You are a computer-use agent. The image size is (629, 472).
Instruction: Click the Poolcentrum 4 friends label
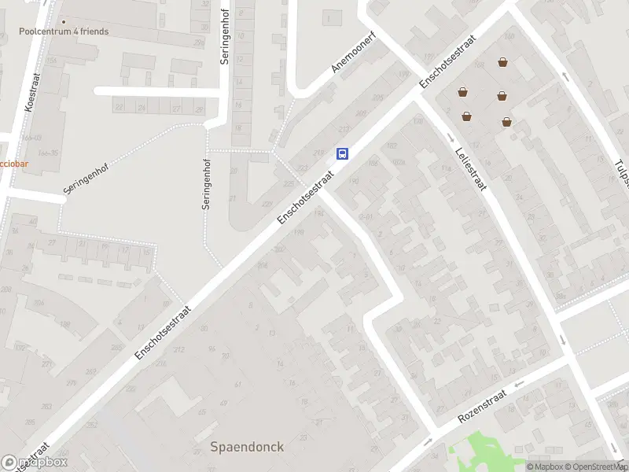coord(64,32)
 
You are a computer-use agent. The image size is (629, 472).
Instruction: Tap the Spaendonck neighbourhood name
coord(247,447)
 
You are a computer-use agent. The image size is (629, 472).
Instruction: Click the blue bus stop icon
coord(343,153)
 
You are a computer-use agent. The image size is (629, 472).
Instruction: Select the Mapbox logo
coord(35,463)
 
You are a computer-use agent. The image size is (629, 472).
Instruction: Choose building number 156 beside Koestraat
coord(51,60)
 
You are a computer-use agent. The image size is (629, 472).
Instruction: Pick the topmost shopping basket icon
coord(502,62)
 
